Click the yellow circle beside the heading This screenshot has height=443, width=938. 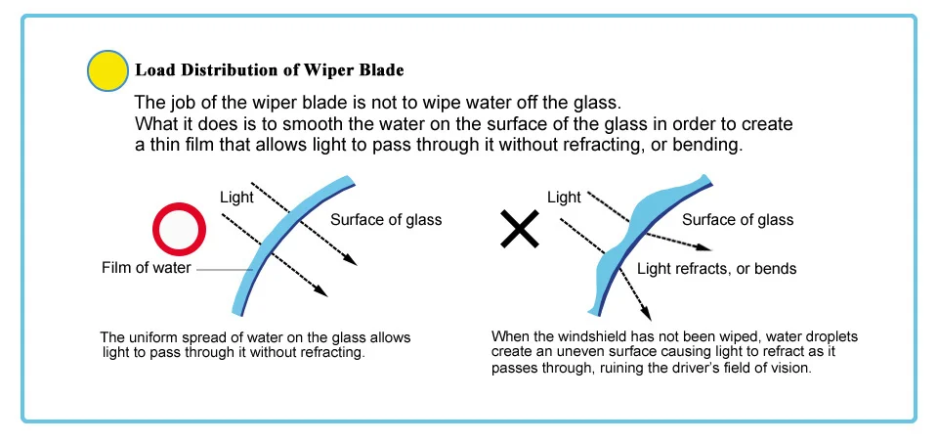(107, 71)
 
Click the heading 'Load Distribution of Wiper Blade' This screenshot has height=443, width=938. (269, 70)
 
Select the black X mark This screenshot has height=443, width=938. (521, 231)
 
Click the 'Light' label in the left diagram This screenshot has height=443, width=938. (237, 198)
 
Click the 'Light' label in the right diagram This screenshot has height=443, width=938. (564, 198)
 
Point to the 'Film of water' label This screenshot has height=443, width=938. (147, 268)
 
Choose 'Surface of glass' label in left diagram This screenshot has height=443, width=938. (386, 220)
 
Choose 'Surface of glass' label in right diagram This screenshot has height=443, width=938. (738, 220)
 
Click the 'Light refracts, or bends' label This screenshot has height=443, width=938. (716, 268)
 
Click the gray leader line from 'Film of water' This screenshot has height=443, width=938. (225, 269)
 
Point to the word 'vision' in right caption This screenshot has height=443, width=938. (789, 370)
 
